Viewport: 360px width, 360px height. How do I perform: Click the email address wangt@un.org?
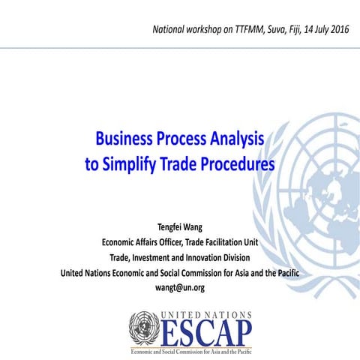click(x=179, y=286)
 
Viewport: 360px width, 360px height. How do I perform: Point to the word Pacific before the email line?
click(x=283, y=272)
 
